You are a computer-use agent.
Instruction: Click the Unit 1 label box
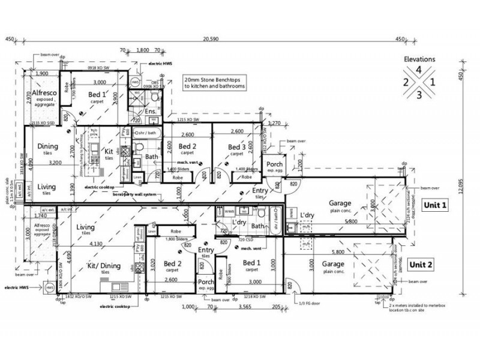pyautogui.click(x=436, y=205)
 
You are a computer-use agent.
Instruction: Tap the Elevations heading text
pyautogui.click(x=419, y=59)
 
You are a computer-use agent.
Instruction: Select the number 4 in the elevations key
pyautogui.click(x=419, y=70)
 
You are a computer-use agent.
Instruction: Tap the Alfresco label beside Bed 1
pyautogui.click(x=44, y=92)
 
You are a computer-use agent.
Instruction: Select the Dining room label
pyautogui.click(x=47, y=146)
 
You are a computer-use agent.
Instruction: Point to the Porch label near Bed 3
pyautogui.click(x=274, y=164)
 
